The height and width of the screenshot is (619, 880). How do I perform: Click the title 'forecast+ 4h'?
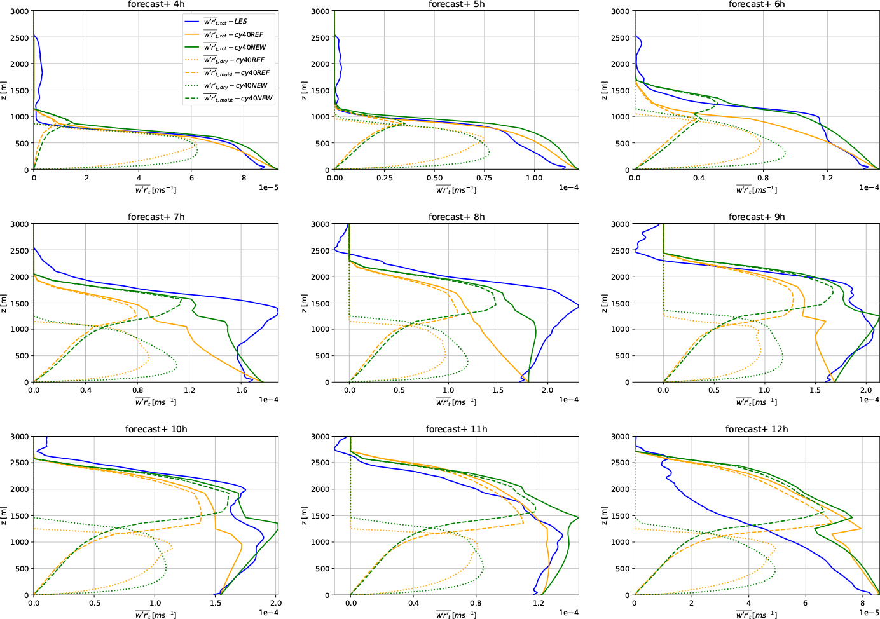pyautogui.click(x=156, y=4)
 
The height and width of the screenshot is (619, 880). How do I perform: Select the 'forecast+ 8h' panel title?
pyautogui.click(x=457, y=217)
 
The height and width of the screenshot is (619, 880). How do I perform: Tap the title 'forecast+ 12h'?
pyautogui.click(x=757, y=429)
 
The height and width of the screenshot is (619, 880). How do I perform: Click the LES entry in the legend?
pyautogui.click(x=225, y=22)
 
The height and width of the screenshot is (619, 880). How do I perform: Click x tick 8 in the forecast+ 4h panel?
pyautogui.click(x=244, y=178)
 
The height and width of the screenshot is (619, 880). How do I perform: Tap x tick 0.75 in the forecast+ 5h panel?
pyautogui.click(x=484, y=178)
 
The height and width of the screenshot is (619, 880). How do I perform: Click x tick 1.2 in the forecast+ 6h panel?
pyautogui.click(x=827, y=178)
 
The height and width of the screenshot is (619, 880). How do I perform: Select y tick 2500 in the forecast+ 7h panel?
pyautogui.click(x=18, y=250)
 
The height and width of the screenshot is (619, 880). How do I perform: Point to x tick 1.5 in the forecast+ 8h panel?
pyautogui.click(x=498, y=390)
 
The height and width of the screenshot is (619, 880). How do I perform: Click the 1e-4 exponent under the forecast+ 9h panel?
pyautogui.click(x=869, y=400)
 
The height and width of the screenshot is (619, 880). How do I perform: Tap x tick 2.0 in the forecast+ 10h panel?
pyautogui.click(x=276, y=603)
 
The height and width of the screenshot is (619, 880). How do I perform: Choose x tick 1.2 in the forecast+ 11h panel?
pyautogui.click(x=539, y=603)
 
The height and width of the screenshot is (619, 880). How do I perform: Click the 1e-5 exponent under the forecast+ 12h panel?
pyautogui.click(x=869, y=613)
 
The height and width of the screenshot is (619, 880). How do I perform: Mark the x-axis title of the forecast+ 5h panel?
pyautogui.click(x=456, y=189)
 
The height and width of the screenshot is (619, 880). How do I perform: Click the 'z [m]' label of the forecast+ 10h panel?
pyautogui.click(x=4, y=515)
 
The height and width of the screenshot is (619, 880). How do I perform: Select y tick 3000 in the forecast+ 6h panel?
pyautogui.click(x=619, y=11)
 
